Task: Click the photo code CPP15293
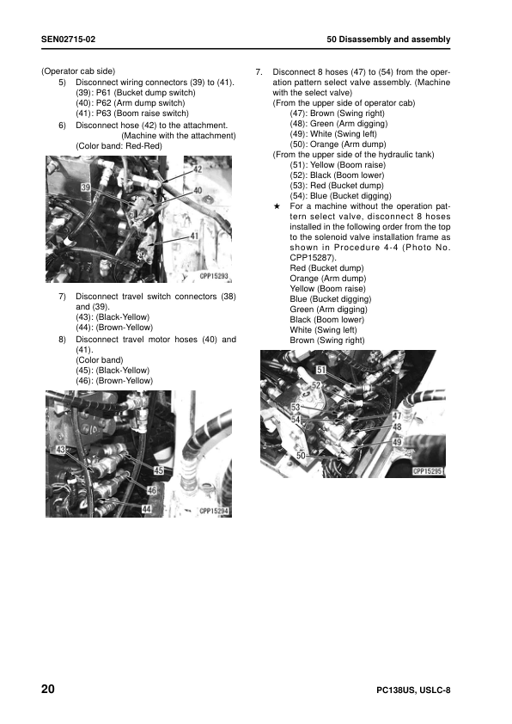(215, 277)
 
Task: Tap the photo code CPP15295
(427, 471)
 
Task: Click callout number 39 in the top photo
(86, 187)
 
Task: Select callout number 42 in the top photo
(197, 170)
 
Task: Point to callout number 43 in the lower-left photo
(61, 449)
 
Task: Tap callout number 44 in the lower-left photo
(147, 509)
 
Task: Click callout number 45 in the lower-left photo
(159, 470)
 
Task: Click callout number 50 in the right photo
(301, 456)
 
